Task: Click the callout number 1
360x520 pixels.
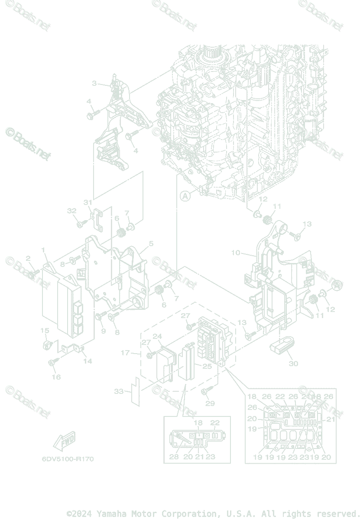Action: (x=43, y=250)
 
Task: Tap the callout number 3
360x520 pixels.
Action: (x=94, y=83)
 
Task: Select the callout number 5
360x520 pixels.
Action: (x=151, y=244)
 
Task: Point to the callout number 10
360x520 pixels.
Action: (x=236, y=253)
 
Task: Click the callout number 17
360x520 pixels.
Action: (x=125, y=353)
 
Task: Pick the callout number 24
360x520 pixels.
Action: (x=157, y=337)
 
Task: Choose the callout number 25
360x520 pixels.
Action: (x=207, y=367)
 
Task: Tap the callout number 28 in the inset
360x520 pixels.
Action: (x=174, y=457)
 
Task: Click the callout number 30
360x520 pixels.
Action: (x=293, y=364)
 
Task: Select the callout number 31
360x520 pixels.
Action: (x=88, y=202)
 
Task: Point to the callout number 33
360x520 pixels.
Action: (x=119, y=391)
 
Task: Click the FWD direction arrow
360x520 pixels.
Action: (x=64, y=442)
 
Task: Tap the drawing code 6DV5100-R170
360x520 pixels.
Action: (x=68, y=459)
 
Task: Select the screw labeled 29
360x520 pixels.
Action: (x=205, y=392)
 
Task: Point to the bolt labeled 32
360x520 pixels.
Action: (x=80, y=224)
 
